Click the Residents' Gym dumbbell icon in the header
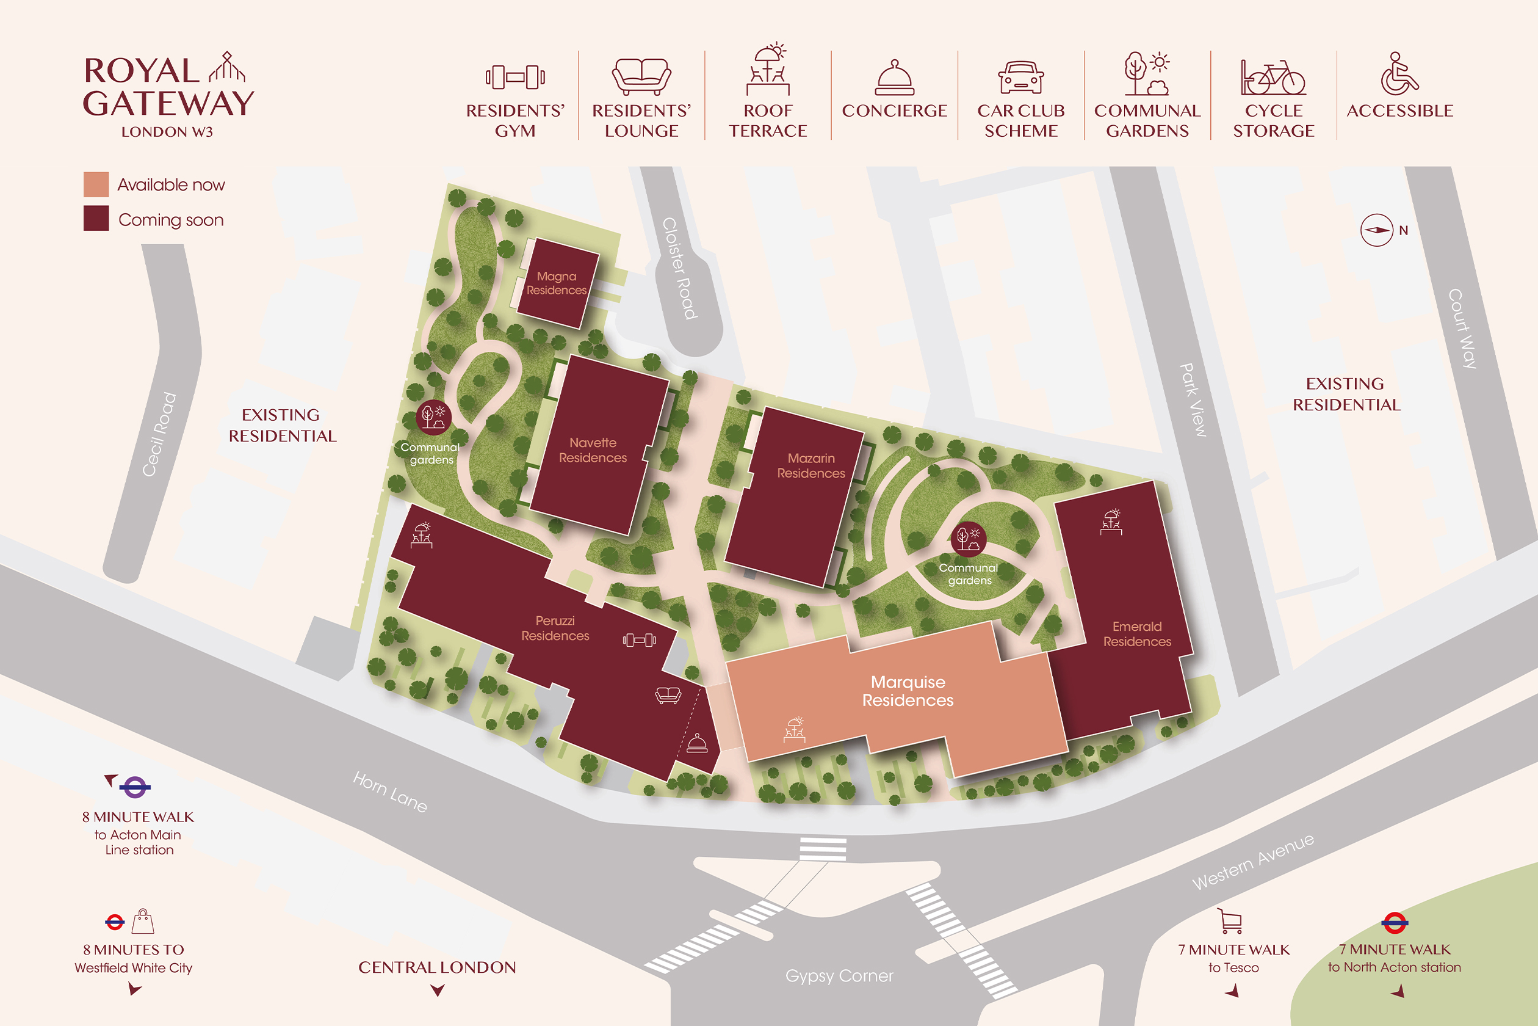coord(515,77)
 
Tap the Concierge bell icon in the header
coord(894,79)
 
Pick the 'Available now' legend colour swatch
coord(96,184)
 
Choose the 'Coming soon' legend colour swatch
coord(96,219)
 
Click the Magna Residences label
coord(557,283)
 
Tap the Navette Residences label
coord(593,450)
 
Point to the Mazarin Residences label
coord(811,465)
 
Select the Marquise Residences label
coord(908,691)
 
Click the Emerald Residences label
coord(1137,634)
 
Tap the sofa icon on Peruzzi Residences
coord(668,695)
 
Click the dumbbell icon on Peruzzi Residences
coord(639,640)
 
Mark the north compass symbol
coord(1376,230)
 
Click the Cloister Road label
coord(680,268)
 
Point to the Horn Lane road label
coord(390,791)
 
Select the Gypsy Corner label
coord(839,976)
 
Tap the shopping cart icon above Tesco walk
coord(1230,921)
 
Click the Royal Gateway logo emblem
coord(226,67)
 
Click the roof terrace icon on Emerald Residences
coord(1111,522)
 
